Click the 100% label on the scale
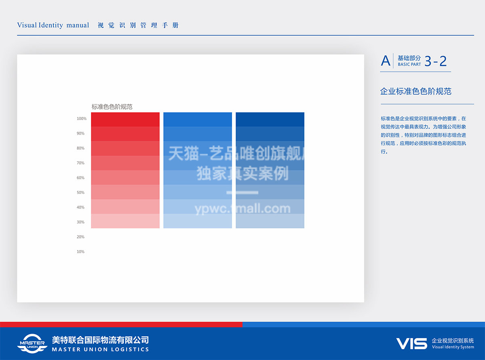click(82, 118)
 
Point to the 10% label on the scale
click(80, 252)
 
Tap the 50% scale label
click(80, 192)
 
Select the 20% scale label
click(80, 237)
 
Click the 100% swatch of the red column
click(125, 120)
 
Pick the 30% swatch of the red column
click(125, 221)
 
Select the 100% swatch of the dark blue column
click(270, 120)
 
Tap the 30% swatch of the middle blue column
click(198, 221)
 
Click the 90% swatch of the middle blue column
click(198, 134)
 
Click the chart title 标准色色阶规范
click(112, 107)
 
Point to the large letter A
click(386, 61)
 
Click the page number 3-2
click(436, 61)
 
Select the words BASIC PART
click(409, 64)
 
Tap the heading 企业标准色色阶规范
click(415, 91)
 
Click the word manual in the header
click(78, 25)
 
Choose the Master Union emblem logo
click(32, 343)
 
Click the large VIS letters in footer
click(412, 343)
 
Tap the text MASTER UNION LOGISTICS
click(100, 349)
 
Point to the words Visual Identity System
click(453, 347)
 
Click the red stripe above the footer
click(121, 324)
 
